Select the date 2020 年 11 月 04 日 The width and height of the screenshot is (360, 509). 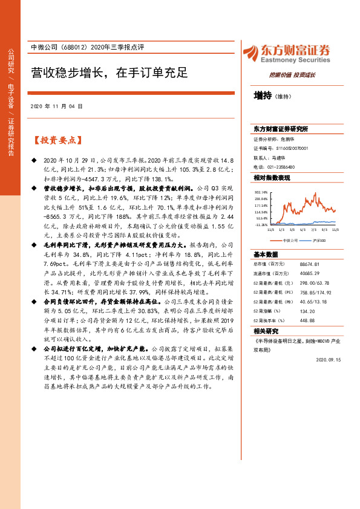[56, 106]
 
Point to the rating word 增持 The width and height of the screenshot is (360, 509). [263, 95]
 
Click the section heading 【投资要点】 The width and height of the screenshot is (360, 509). [56, 140]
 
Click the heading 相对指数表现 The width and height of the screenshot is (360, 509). [272, 178]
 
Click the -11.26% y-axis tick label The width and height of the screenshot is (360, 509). [260, 224]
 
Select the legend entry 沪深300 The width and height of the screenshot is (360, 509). [318, 240]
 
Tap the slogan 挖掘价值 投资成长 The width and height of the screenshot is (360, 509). [292, 74]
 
